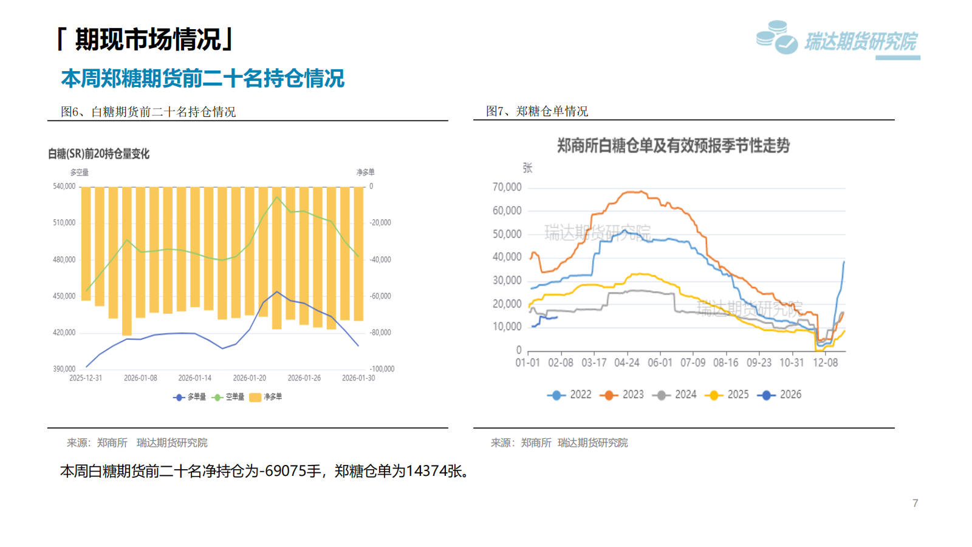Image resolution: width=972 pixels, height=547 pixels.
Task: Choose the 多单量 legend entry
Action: pos(190,397)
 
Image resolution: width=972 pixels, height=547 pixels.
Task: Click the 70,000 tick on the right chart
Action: pos(507,187)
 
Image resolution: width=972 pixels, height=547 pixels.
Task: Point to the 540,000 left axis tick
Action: pos(64,187)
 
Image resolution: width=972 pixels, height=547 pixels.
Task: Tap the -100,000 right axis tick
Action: pos(382,369)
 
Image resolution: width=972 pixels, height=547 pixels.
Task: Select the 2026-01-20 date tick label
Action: pos(250,378)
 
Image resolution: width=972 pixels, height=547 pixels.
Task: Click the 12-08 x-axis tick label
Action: pos(825,363)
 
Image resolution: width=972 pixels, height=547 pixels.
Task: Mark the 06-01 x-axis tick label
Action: pos(660,363)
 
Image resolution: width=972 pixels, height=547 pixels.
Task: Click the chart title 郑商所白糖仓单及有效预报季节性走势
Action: pos(673,146)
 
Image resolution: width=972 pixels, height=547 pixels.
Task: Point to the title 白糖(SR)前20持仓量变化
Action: pos(98,154)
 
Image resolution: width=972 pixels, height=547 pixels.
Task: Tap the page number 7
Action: pos(915,503)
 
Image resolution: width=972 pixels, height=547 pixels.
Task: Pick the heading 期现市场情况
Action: pos(147,40)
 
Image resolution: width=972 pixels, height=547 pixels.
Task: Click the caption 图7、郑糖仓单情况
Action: pos(537,111)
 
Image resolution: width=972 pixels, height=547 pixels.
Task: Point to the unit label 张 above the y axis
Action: pos(527,168)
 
